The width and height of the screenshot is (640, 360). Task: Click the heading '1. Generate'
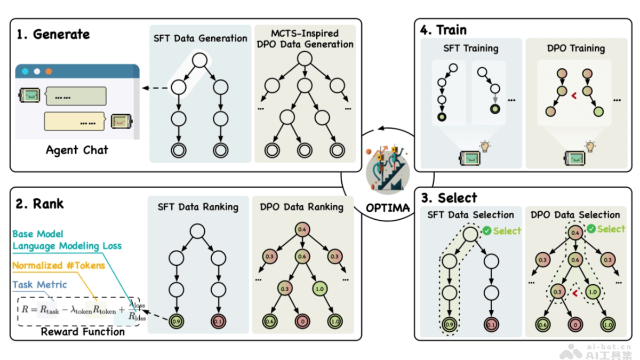[x=53, y=35]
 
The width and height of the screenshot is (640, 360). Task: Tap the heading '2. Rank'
[x=40, y=203]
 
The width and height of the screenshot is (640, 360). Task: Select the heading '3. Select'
[x=450, y=198]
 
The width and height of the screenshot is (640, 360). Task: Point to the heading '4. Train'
[x=444, y=30]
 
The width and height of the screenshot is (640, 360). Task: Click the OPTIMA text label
[x=388, y=207]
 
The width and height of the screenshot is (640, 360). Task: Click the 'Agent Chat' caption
[x=77, y=150]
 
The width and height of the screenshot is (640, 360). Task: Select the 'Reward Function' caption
[x=83, y=331]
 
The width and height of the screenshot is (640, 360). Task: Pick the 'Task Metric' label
[x=39, y=285]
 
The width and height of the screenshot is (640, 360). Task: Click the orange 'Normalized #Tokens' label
[x=58, y=266]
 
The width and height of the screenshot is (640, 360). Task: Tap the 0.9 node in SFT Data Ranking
[x=178, y=322]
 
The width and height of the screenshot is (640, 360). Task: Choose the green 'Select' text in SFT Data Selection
[x=507, y=231]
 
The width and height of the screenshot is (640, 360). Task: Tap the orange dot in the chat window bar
[x=49, y=71]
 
